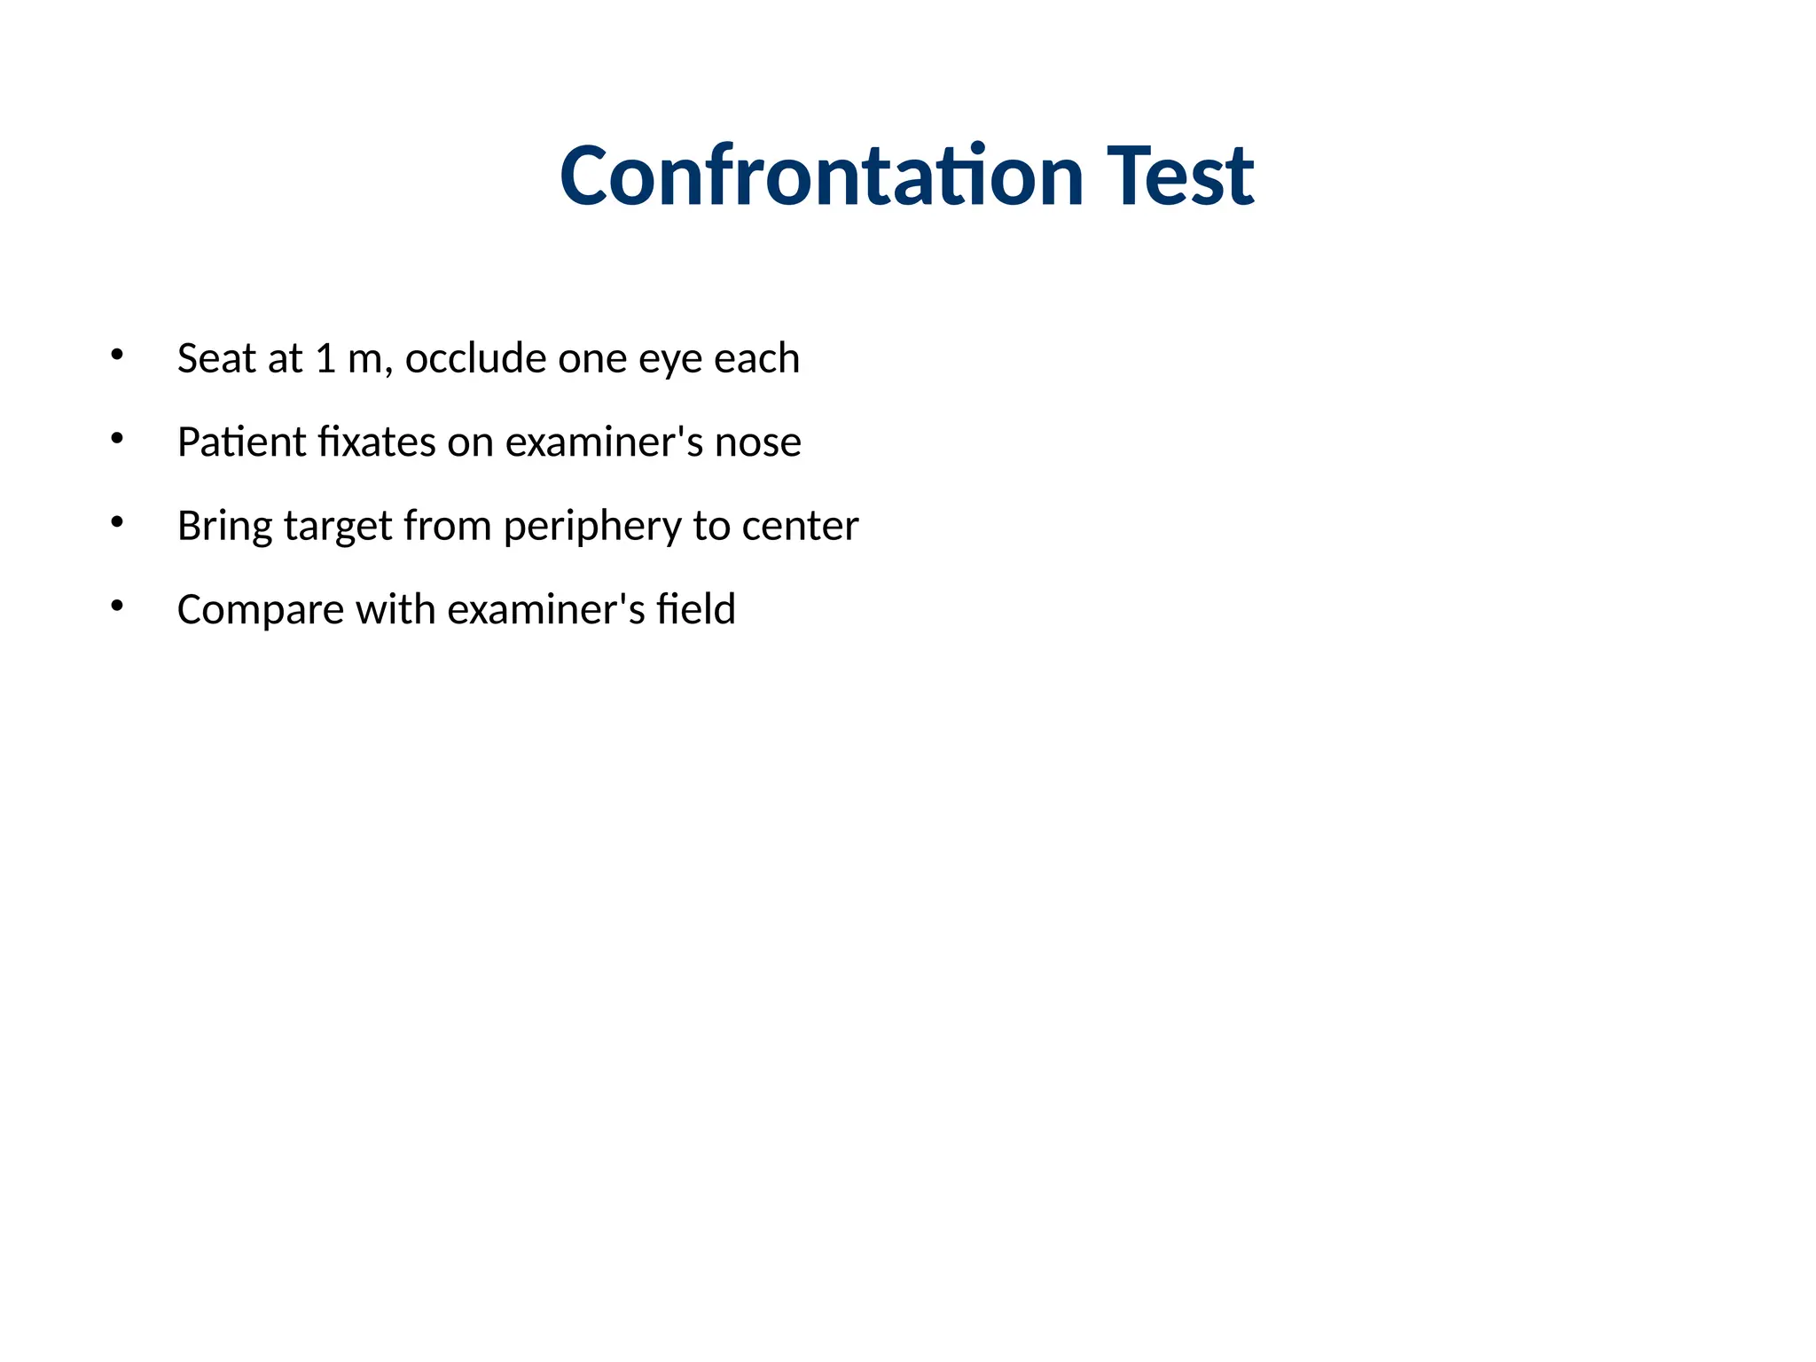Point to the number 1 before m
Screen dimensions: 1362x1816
[325, 358]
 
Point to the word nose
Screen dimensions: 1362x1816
[758, 442]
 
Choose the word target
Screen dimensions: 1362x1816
[338, 527]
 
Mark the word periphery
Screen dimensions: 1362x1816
[592, 527]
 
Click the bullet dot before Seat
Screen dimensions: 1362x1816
[116, 356]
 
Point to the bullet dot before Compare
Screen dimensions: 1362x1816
[116, 607]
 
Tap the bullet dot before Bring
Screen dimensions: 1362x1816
[116, 522]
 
